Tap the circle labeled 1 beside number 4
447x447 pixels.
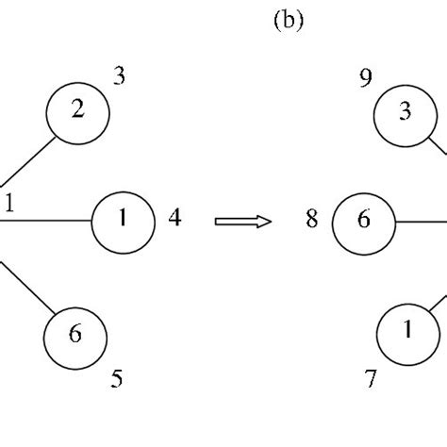point(123,220)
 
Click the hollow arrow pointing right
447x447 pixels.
point(243,221)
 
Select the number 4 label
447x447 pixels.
point(174,219)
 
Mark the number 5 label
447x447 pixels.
point(117,379)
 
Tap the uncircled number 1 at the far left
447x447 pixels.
point(9,202)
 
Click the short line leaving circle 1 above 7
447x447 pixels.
point(439,304)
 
